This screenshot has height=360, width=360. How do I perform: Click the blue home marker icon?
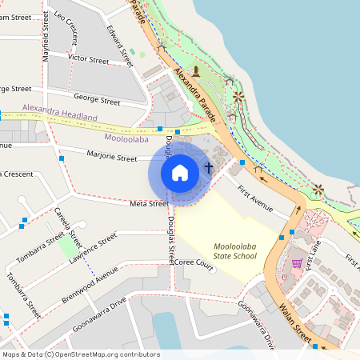180,172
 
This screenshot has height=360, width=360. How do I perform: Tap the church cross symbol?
209,168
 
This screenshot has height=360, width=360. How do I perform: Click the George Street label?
96,101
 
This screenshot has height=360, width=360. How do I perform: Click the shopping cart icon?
297,262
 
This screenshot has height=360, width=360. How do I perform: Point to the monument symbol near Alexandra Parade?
195,71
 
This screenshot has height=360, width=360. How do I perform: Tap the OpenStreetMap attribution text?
81,354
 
